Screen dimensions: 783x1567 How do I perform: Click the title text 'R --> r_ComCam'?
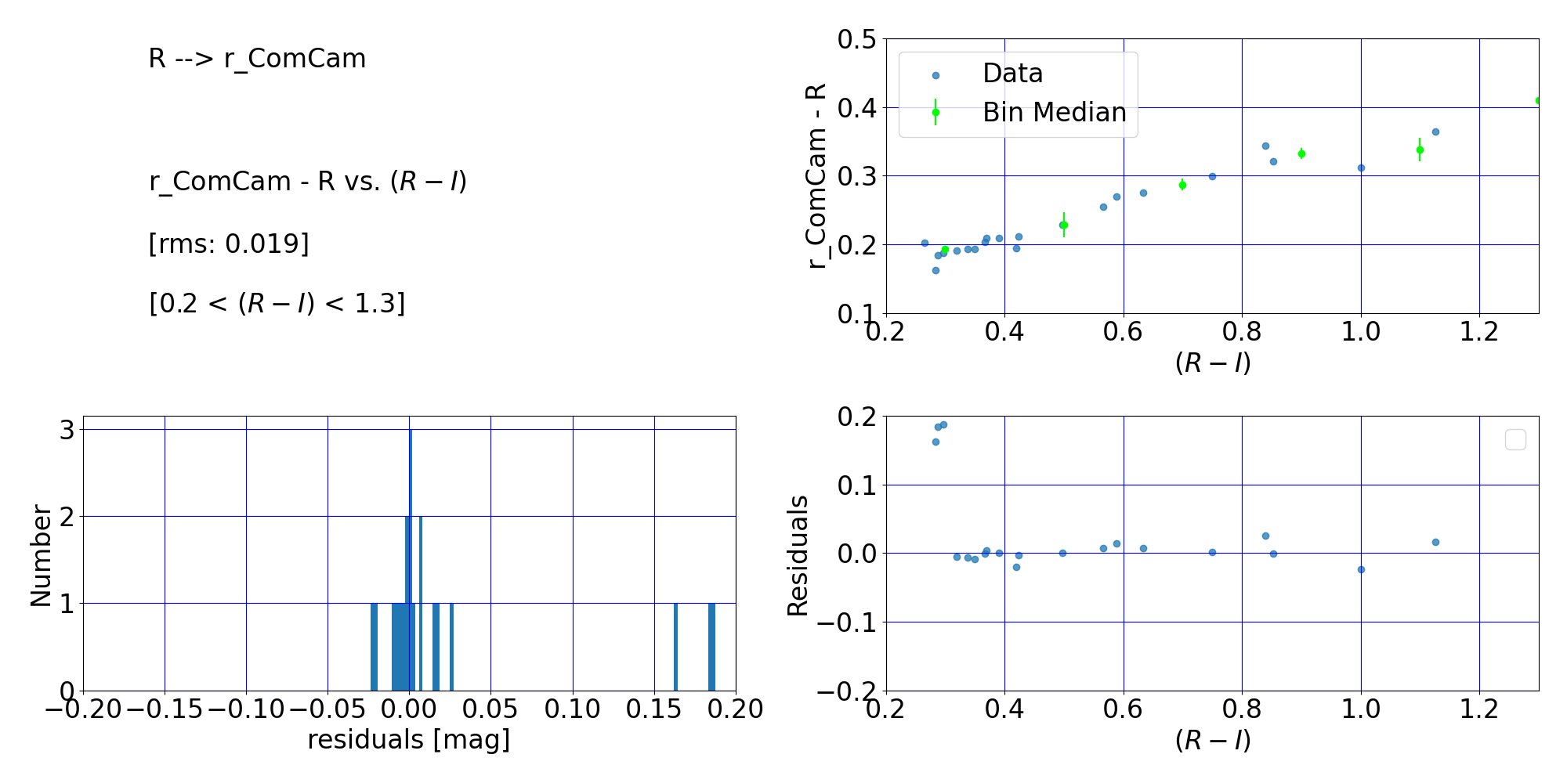[x=257, y=59]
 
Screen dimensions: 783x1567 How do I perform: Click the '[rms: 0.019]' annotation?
[x=229, y=244]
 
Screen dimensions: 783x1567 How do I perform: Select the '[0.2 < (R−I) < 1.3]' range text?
[x=277, y=303]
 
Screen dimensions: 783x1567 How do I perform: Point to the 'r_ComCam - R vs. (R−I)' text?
[x=308, y=181]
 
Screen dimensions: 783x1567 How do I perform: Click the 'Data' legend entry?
[x=1012, y=74]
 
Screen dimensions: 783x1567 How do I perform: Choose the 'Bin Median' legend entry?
[x=1054, y=113]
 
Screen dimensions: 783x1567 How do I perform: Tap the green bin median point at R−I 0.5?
[x=1063, y=225]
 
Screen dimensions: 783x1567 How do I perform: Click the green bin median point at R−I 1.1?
[x=1420, y=150]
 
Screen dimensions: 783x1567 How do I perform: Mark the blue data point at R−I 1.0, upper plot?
[x=1361, y=168]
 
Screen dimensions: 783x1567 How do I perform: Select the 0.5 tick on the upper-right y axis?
[x=856, y=39]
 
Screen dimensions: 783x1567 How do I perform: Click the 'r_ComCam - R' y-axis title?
[x=816, y=176]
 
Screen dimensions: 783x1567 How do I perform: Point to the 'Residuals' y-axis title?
[x=798, y=555]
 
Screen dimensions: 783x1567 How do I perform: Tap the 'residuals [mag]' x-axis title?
[x=408, y=739]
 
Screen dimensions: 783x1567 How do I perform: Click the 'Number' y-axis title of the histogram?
[x=41, y=555]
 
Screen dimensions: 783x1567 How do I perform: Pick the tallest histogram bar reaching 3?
[x=411, y=560]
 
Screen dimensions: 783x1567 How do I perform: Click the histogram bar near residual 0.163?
[x=675, y=647]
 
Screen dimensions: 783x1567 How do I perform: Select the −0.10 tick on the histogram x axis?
[x=246, y=709]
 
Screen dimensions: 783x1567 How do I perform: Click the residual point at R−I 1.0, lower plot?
[x=1361, y=569]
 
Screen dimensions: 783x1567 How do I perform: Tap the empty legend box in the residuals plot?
[x=1515, y=440]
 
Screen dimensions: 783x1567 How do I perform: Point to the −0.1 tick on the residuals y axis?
[x=847, y=622]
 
